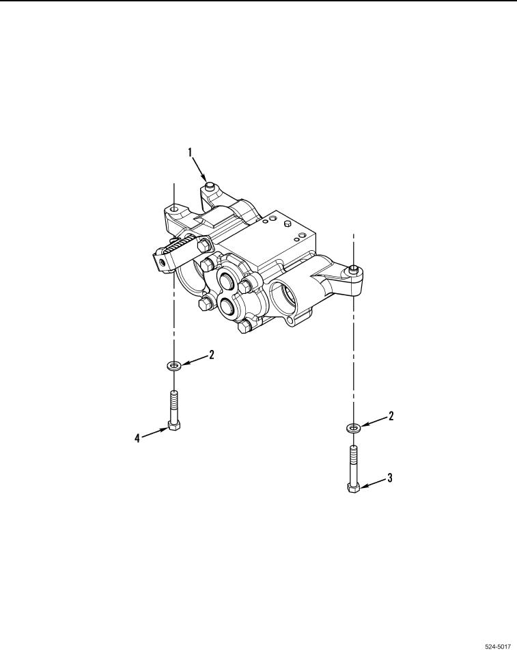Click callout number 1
(x=190, y=152)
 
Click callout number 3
(x=389, y=478)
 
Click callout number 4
(x=137, y=437)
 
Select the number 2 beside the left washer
(x=211, y=355)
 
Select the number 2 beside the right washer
(x=391, y=416)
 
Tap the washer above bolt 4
(x=174, y=366)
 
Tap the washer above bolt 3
(x=353, y=426)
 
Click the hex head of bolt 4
(x=174, y=426)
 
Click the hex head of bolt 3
(x=353, y=488)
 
